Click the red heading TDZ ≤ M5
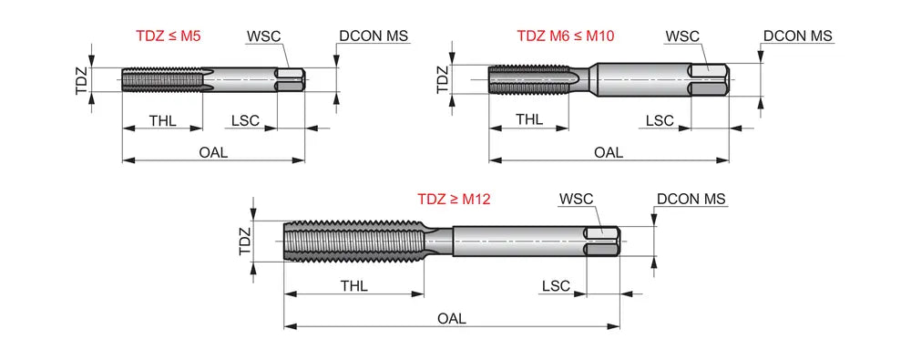click(169, 36)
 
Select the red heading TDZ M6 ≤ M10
click(566, 36)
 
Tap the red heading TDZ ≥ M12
click(454, 200)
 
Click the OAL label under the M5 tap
click(213, 153)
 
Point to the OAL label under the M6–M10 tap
click(609, 153)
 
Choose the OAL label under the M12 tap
click(452, 319)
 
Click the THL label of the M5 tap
click(162, 121)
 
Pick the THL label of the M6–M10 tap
click(529, 119)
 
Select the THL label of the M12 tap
click(353, 286)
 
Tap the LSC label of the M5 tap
click(245, 121)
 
